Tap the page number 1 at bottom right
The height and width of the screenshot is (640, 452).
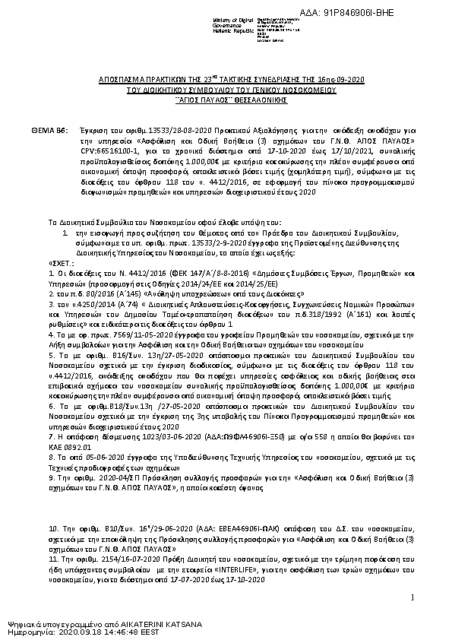coord(410,598)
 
